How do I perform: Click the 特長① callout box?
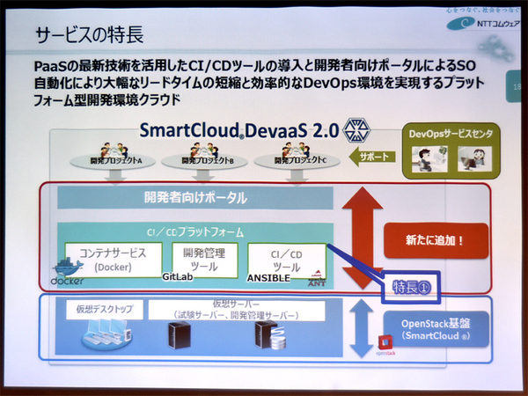[x=410, y=286]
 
